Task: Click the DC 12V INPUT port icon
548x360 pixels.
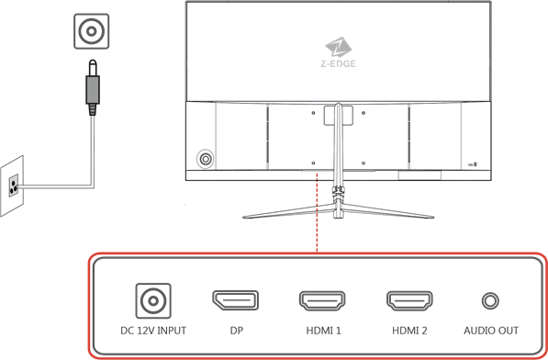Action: [x=150, y=300]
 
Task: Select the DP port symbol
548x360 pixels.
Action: [x=235, y=300]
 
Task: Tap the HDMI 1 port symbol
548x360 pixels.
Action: [x=321, y=300]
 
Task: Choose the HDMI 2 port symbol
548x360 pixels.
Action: [x=409, y=300]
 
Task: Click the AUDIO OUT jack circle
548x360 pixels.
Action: [x=491, y=300]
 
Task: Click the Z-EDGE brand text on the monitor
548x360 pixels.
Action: [x=338, y=64]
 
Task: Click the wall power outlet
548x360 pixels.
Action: [x=12, y=184]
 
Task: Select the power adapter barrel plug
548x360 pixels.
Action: [x=91, y=87]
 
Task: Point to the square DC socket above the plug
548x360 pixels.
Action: [x=90, y=32]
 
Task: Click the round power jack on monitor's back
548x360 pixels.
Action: [x=207, y=159]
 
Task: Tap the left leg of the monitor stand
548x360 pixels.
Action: [x=285, y=211]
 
